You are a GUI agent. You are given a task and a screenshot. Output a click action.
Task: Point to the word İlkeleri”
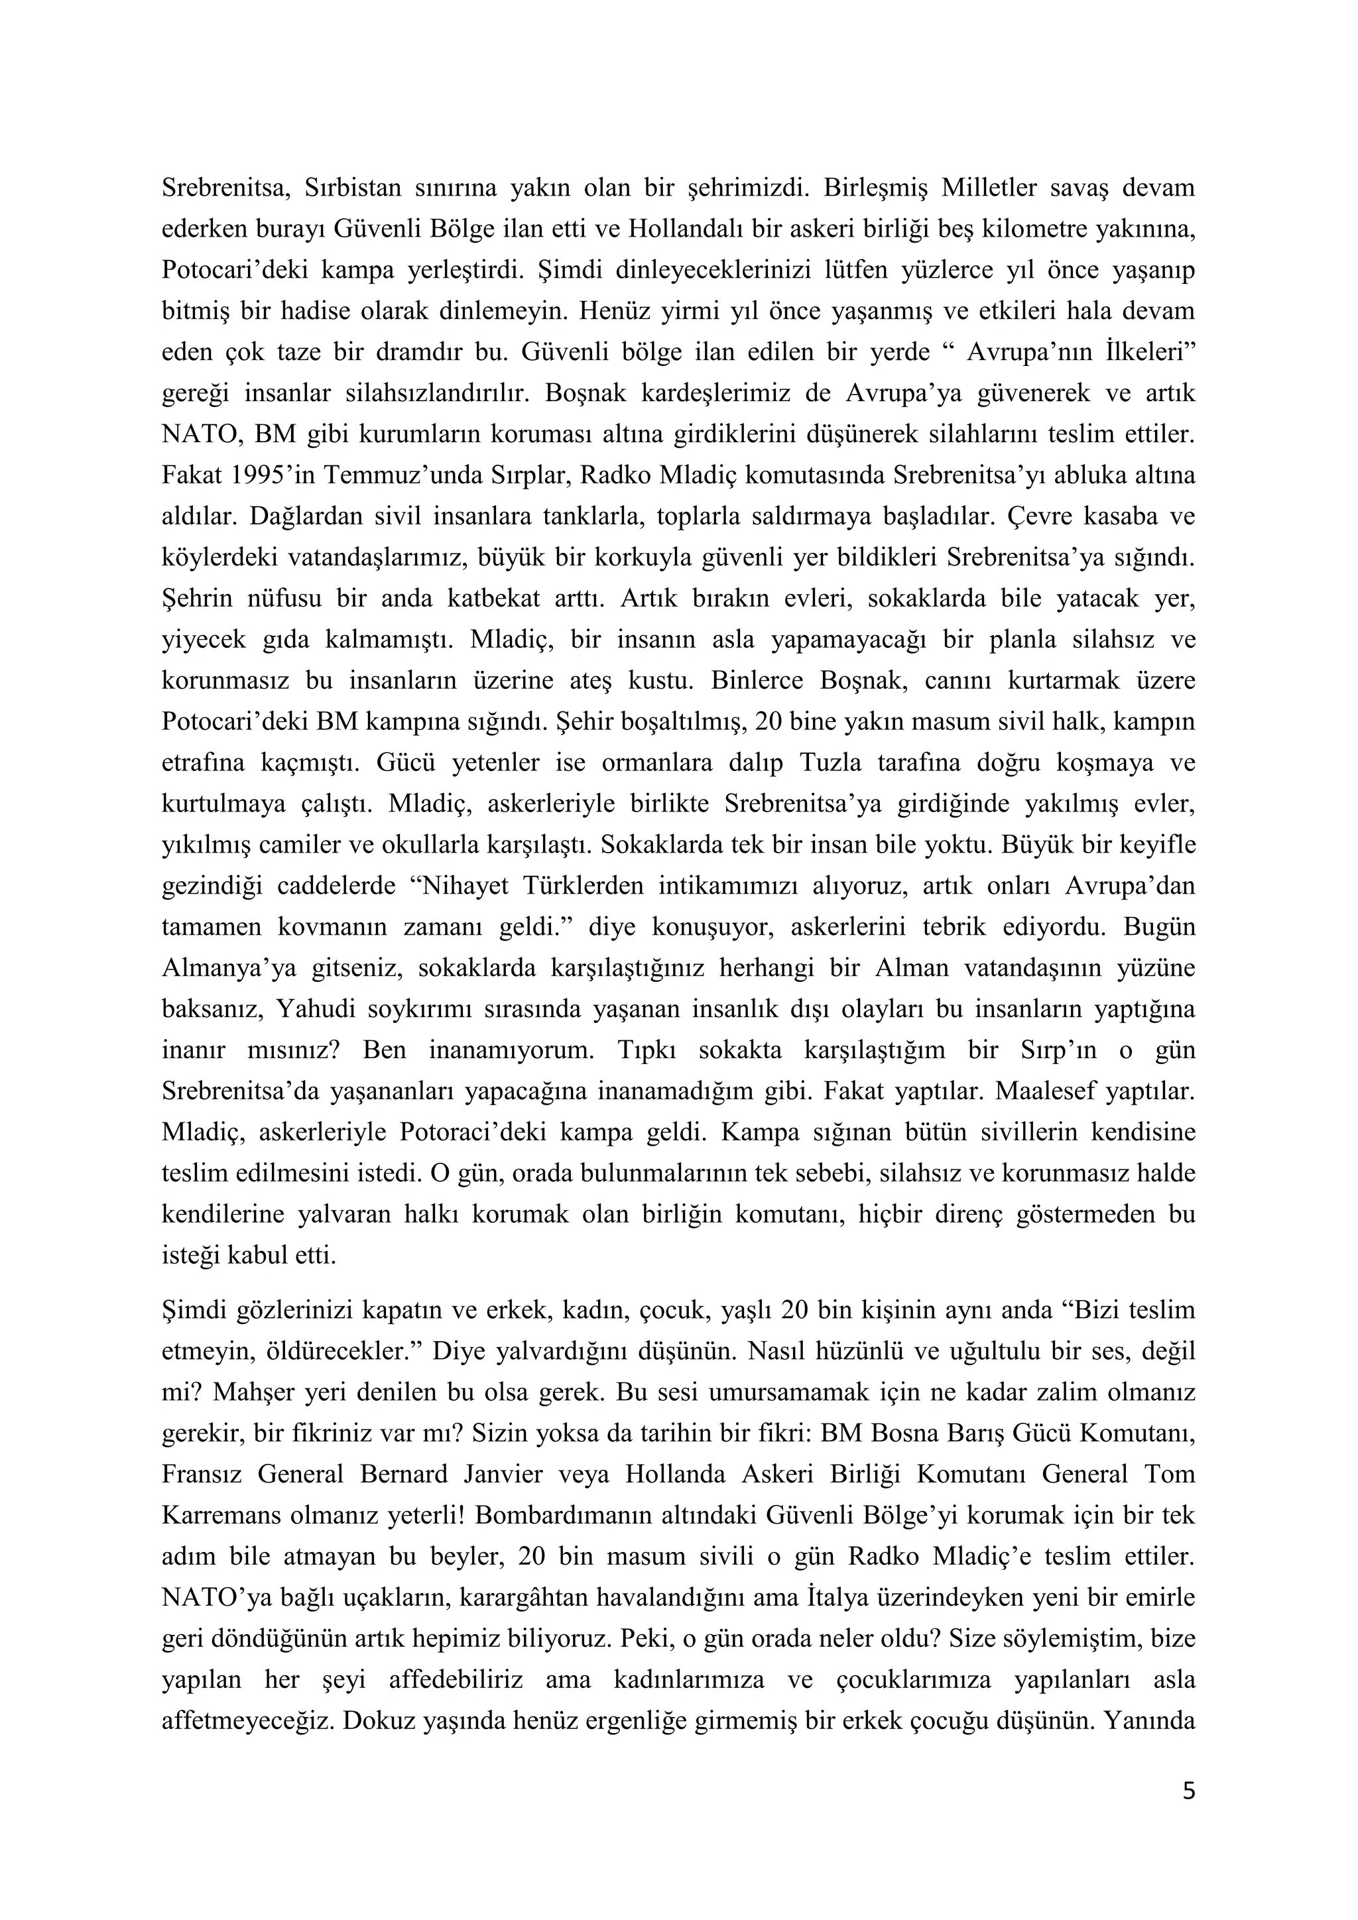(1141, 352)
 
